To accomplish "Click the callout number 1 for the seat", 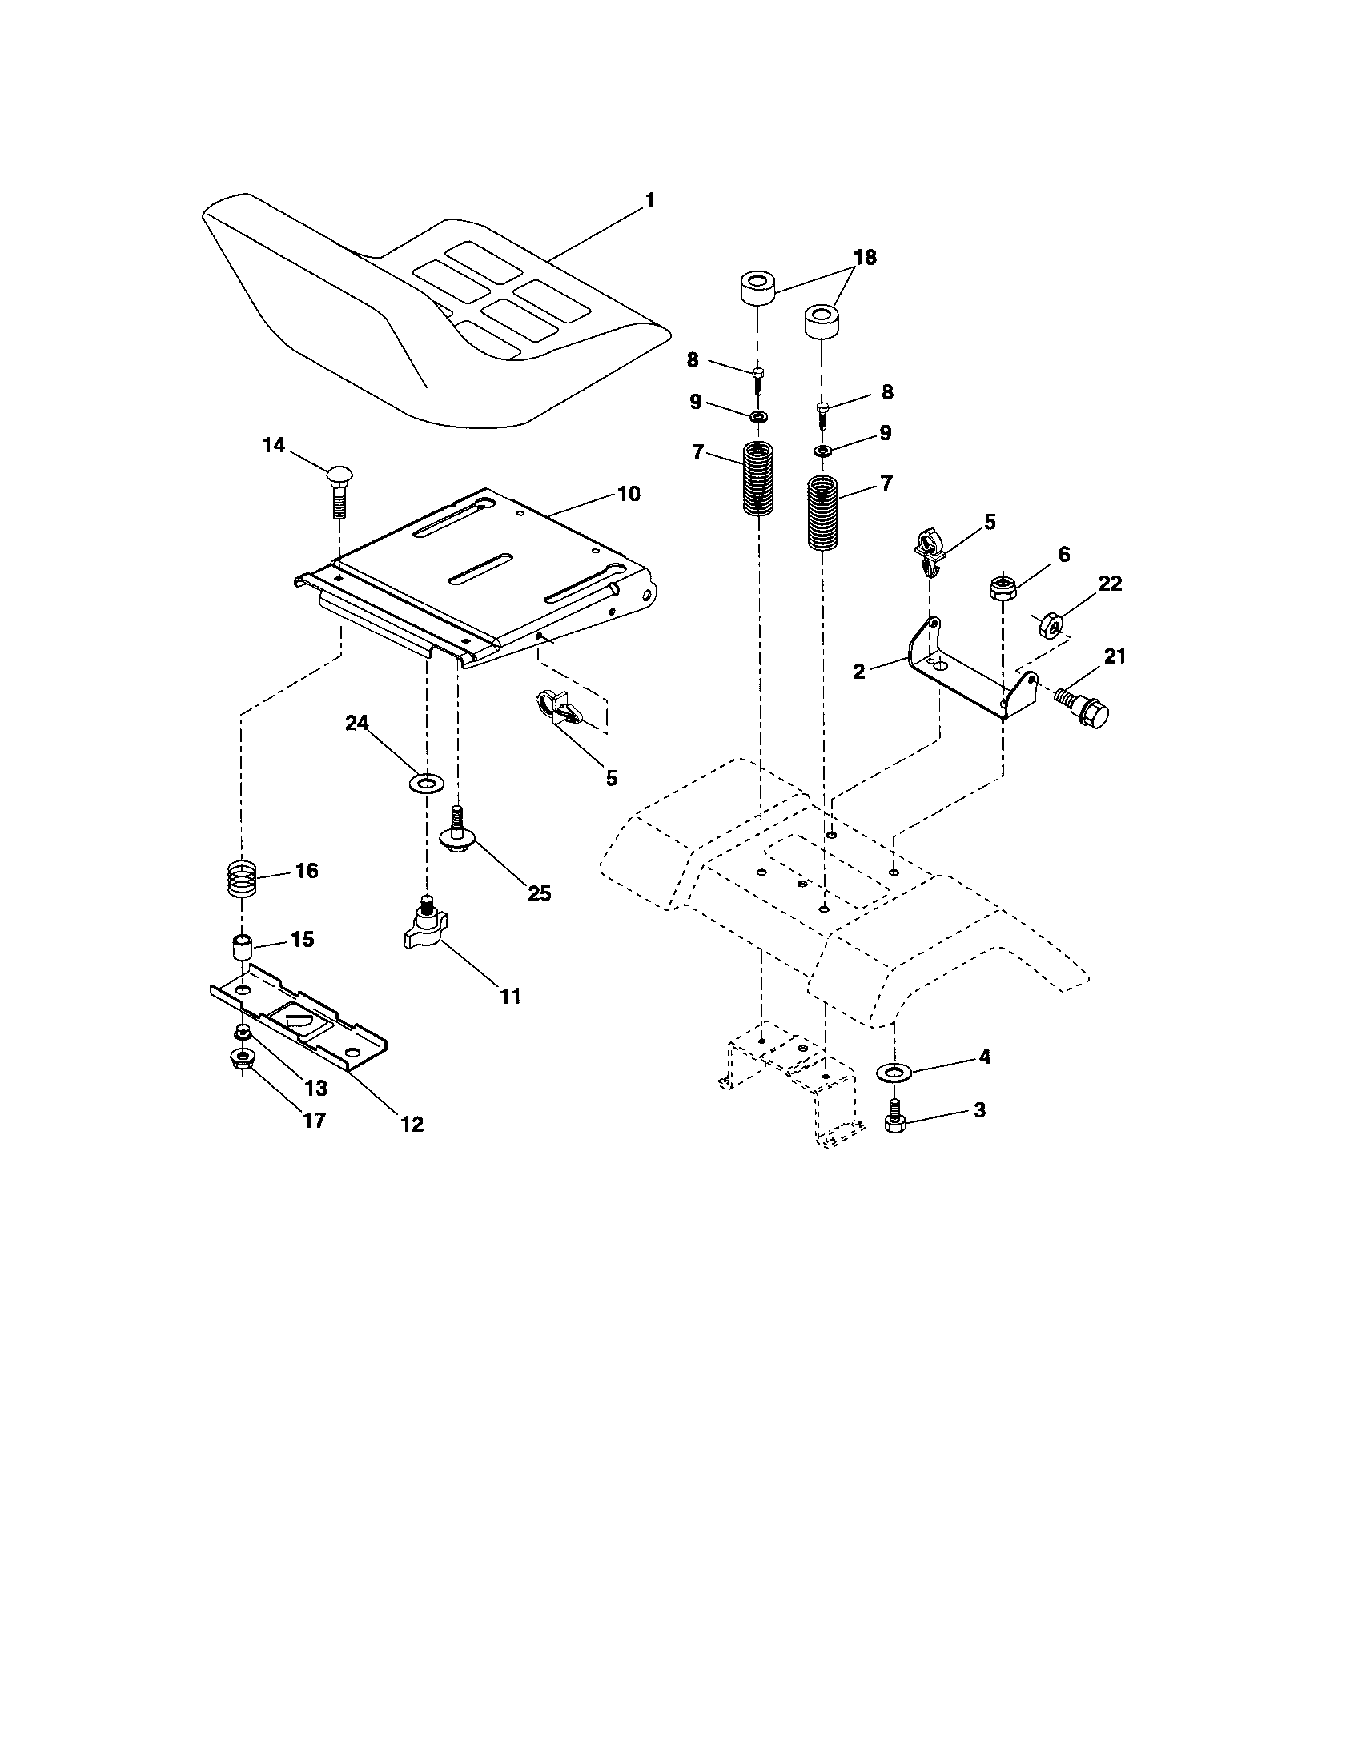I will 649,201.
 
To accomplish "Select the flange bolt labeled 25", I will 456,831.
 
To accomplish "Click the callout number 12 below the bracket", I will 412,1124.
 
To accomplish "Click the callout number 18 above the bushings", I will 865,257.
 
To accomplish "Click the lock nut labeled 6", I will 1002,586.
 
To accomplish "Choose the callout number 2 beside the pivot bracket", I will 859,671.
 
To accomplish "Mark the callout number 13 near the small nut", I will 315,1088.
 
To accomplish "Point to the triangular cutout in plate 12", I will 299,1021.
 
